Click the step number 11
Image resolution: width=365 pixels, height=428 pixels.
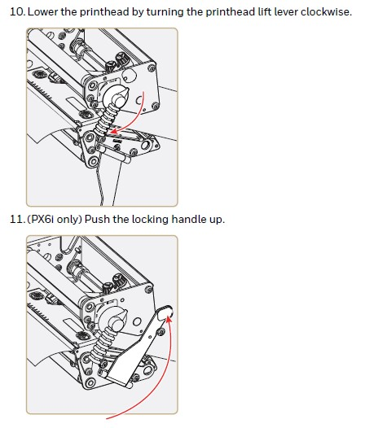point(15,220)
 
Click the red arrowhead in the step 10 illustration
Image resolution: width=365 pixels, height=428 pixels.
point(113,130)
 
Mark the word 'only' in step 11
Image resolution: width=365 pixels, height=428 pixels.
point(73,220)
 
